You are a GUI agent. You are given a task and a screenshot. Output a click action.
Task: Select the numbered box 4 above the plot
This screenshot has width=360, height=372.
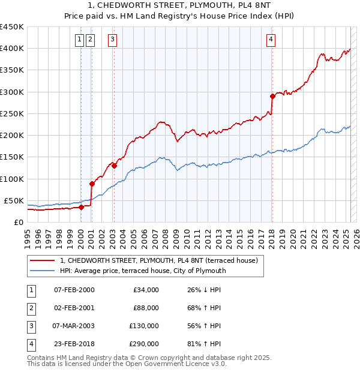tap(271, 40)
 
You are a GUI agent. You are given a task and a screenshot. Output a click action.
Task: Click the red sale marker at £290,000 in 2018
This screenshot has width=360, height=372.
tap(272, 96)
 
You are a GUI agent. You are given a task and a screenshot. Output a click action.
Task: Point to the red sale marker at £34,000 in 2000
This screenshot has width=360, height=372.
tap(81, 207)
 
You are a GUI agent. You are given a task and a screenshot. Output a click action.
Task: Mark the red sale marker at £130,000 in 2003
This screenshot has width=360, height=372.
tap(114, 165)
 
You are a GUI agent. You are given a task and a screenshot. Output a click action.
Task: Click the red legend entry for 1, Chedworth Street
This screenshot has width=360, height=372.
tap(158, 260)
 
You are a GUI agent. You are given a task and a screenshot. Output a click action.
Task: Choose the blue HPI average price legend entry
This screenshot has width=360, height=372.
tap(142, 271)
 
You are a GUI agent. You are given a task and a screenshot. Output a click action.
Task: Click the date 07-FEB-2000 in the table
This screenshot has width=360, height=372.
tap(74, 290)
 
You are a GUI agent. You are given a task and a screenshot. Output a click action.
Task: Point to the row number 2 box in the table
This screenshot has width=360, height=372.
tap(31, 308)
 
